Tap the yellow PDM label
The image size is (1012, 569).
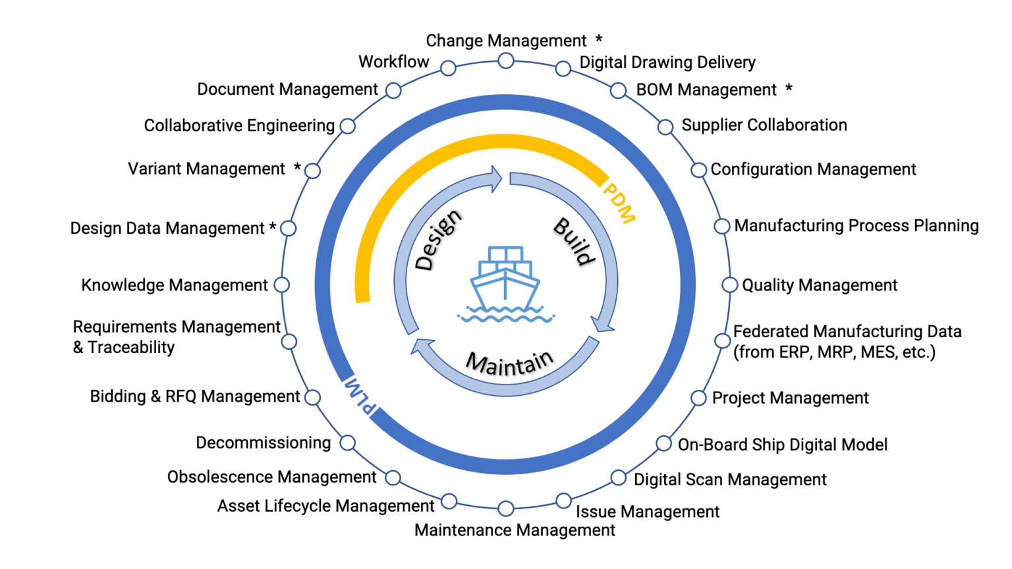pos(619,203)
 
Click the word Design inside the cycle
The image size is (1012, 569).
pos(438,240)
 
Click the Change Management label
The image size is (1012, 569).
pos(505,41)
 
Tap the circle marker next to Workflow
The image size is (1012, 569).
pos(448,68)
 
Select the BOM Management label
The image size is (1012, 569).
pos(706,90)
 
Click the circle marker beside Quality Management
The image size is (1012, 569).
pos(729,284)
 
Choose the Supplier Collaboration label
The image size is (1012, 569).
pos(764,125)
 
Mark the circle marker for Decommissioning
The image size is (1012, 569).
pos(347,443)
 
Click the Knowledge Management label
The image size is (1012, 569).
pos(175,285)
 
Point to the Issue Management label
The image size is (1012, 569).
pos(648,512)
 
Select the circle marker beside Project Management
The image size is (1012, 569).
pos(698,398)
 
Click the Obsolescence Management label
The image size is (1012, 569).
pos(271,477)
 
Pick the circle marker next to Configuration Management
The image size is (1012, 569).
pos(698,169)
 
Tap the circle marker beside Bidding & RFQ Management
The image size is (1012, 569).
pos(313,397)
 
